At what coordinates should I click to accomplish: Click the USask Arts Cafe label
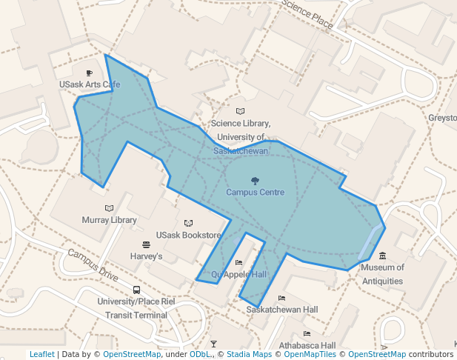pyautogui.click(x=89, y=84)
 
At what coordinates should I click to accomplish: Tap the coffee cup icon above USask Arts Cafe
pyautogui.click(x=90, y=73)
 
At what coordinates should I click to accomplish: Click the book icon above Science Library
pyautogui.click(x=239, y=110)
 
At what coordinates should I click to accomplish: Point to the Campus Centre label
pyautogui.click(x=255, y=192)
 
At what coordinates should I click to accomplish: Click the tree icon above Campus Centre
pyautogui.click(x=255, y=180)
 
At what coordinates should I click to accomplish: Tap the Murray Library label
pyautogui.click(x=109, y=220)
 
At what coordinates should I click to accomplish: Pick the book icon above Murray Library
pyautogui.click(x=110, y=208)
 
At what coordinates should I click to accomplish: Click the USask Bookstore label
pyautogui.click(x=188, y=236)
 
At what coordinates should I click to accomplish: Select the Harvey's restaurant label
pyautogui.click(x=146, y=256)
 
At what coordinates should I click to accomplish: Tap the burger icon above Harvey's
pyautogui.click(x=146, y=244)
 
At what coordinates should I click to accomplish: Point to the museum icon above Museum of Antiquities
pyautogui.click(x=382, y=256)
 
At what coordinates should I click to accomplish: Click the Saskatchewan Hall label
pyautogui.click(x=282, y=309)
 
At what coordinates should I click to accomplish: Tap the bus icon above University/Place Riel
pyautogui.click(x=136, y=290)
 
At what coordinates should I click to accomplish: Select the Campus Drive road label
pyautogui.click(x=92, y=264)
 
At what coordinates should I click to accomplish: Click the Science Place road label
pyautogui.click(x=307, y=14)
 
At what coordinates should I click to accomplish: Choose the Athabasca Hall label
pyautogui.click(x=307, y=345)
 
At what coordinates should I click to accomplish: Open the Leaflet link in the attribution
pyautogui.click(x=41, y=354)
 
